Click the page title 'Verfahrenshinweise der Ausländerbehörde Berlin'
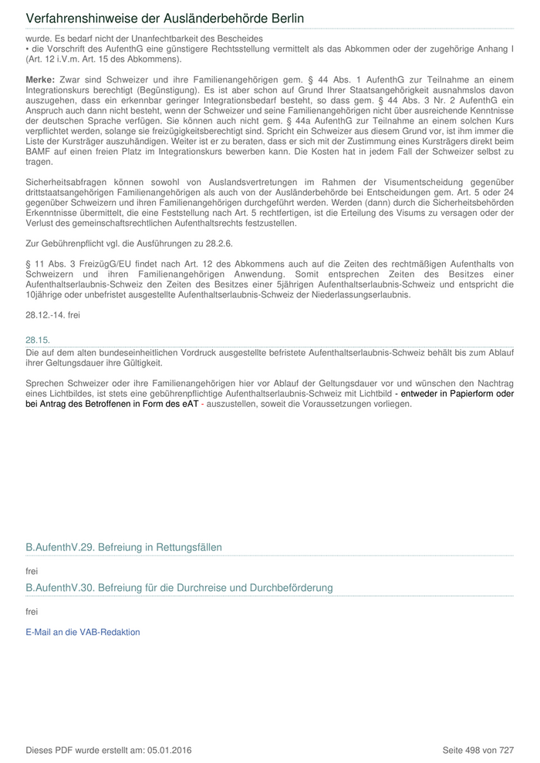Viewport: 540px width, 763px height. (165, 18)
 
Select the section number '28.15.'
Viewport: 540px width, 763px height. (37, 339)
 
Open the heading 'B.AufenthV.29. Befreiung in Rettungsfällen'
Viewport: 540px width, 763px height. (123, 547)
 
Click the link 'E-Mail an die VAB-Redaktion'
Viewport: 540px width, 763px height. (83, 632)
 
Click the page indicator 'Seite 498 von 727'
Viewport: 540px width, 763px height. (478, 750)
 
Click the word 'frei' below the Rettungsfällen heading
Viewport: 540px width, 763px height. (32, 571)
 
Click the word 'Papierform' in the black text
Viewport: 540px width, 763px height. (470, 394)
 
